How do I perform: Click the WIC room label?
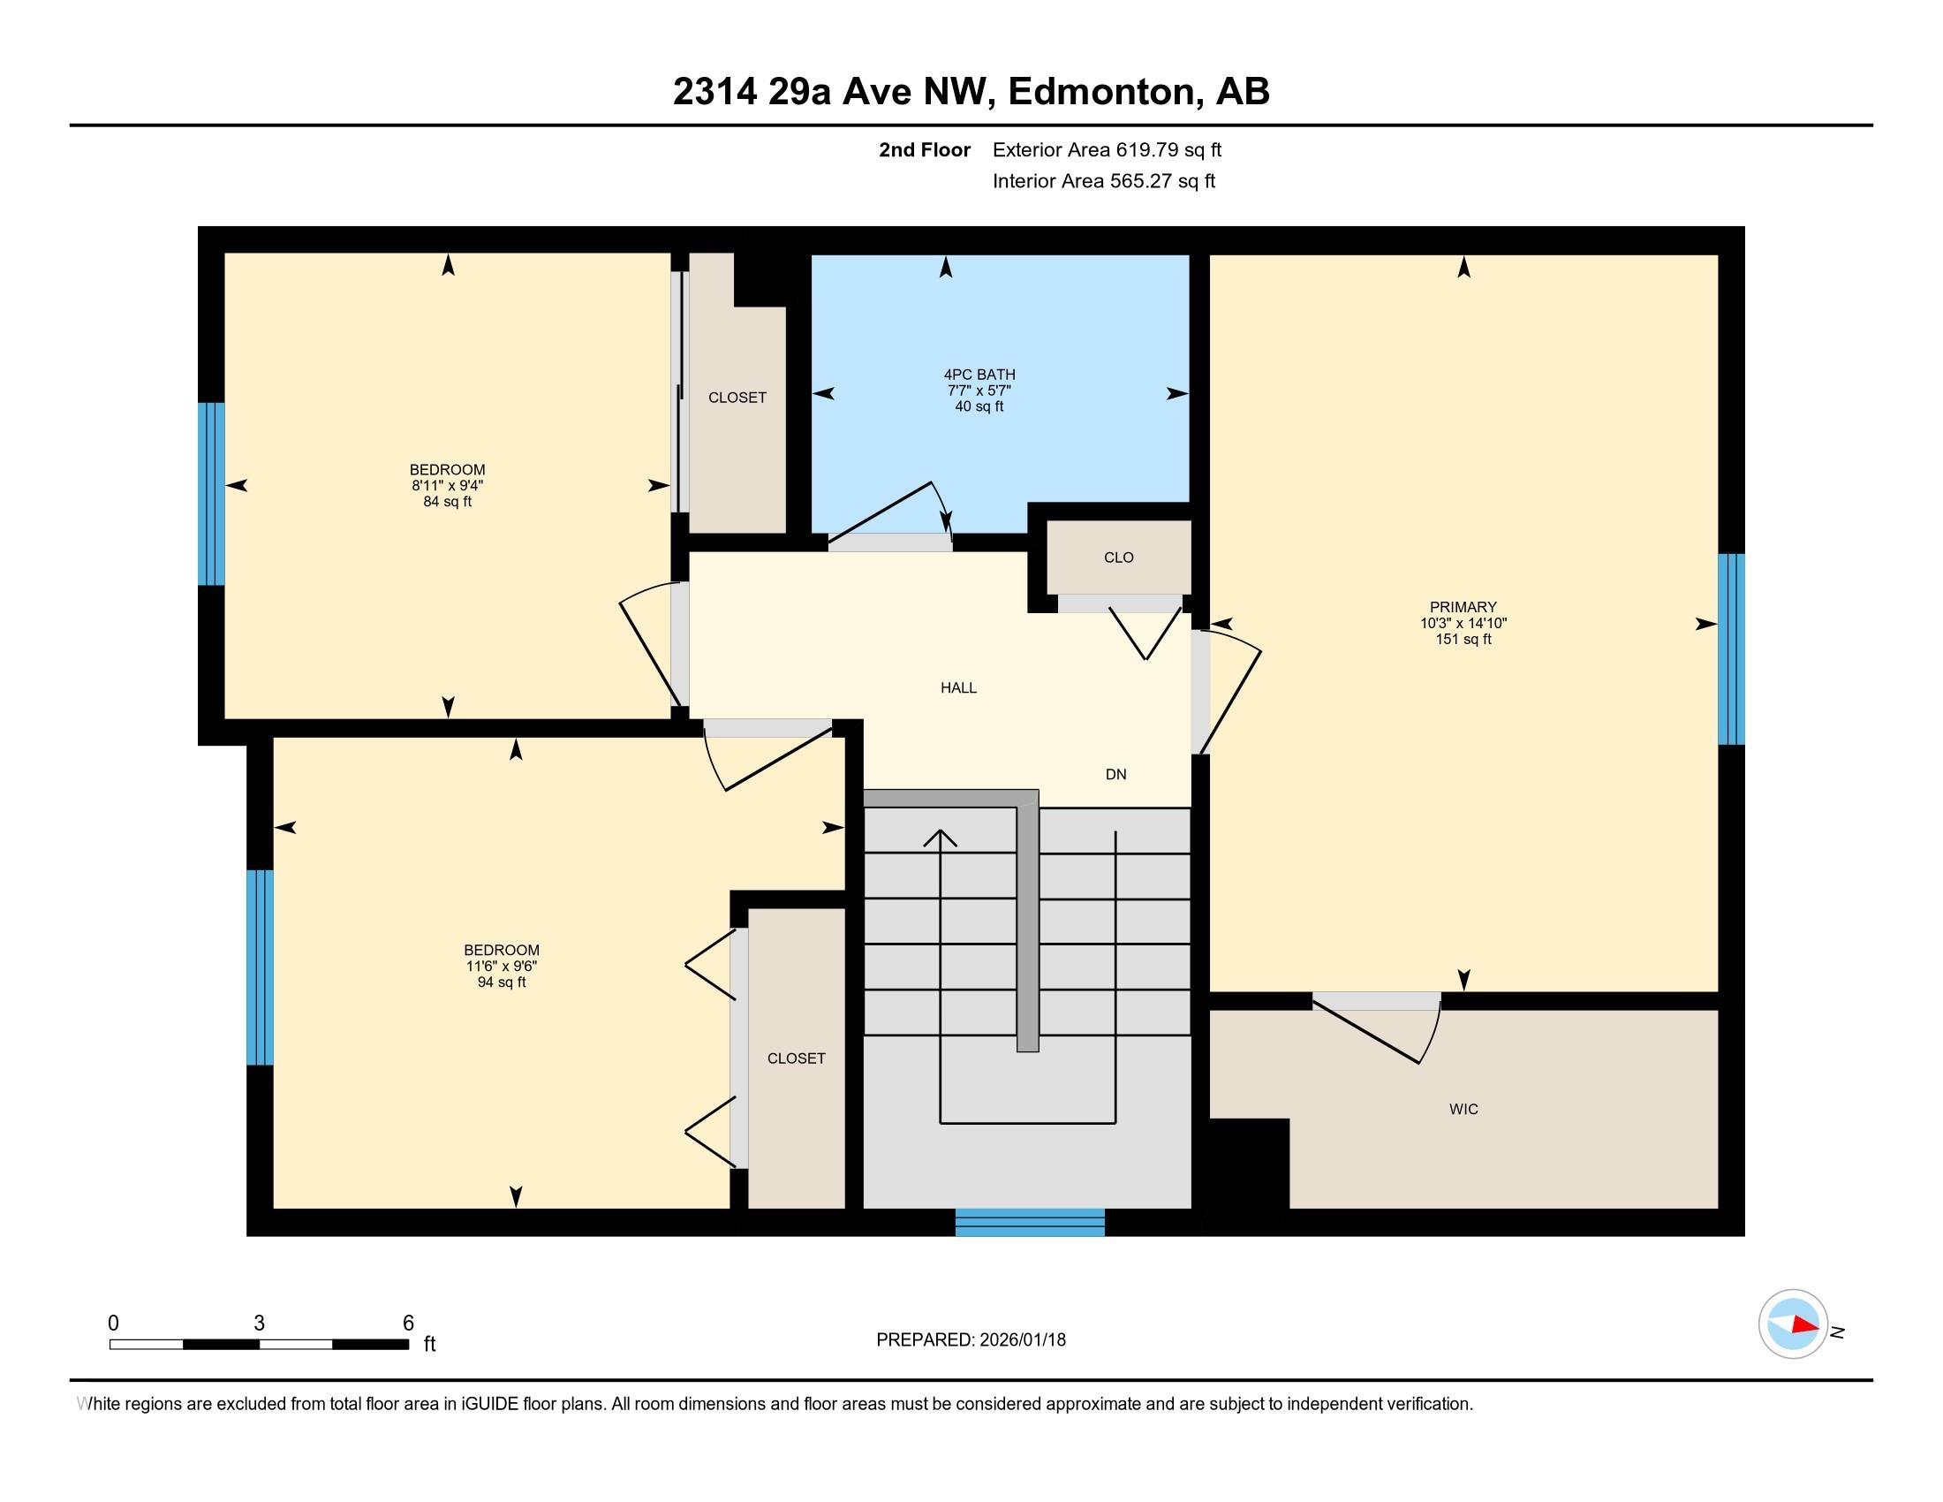[x=1463, y=1109]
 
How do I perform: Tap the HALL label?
[x=958, y=687]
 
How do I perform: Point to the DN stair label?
[x=1115, y=774]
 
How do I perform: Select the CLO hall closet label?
[x=1118, y=557]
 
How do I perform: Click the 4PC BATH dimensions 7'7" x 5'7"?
[x=979, y=391]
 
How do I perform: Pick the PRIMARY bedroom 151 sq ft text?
[x=1463, y=639]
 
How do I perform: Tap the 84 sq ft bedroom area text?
[x=448, y=502]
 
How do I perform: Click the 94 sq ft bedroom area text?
[x=502, y=982]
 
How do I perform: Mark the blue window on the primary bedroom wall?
[x=1731, y=649]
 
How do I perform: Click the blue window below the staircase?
[x=1030, y=1223]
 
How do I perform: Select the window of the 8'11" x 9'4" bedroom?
[x=211, y=494]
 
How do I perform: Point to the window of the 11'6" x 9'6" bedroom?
[x=260, y=967]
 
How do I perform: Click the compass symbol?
[x=1793, y=1324]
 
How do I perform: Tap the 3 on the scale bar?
[x=259, y=1324]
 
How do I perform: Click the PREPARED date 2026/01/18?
[x=1020, y=1340]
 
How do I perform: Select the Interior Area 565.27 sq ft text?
[x=1103, y=181]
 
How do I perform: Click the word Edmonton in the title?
[x=1101, y=92]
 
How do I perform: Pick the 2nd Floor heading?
[x=925, y=149]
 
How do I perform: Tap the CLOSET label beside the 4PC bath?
[x=737, y=398]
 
